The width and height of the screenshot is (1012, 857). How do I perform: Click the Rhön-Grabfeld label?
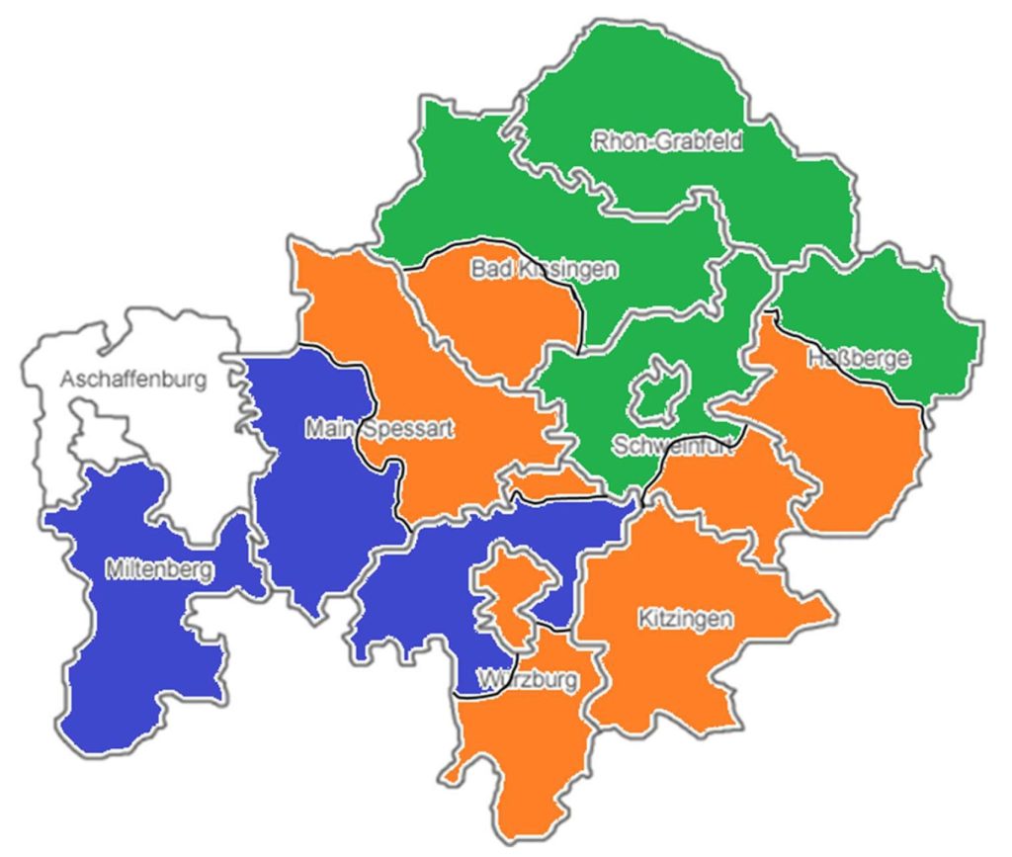pos(667,141)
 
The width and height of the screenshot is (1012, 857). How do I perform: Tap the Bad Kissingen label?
pos(544,269)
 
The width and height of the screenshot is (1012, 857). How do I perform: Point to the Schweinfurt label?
pos(672,445)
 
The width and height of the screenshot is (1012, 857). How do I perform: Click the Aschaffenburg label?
pos(133,380)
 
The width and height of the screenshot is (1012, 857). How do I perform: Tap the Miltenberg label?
pos(158,569)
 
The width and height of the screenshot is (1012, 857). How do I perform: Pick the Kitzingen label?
pos(685,620)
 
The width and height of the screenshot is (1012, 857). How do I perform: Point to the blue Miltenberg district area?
pos(138,643)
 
